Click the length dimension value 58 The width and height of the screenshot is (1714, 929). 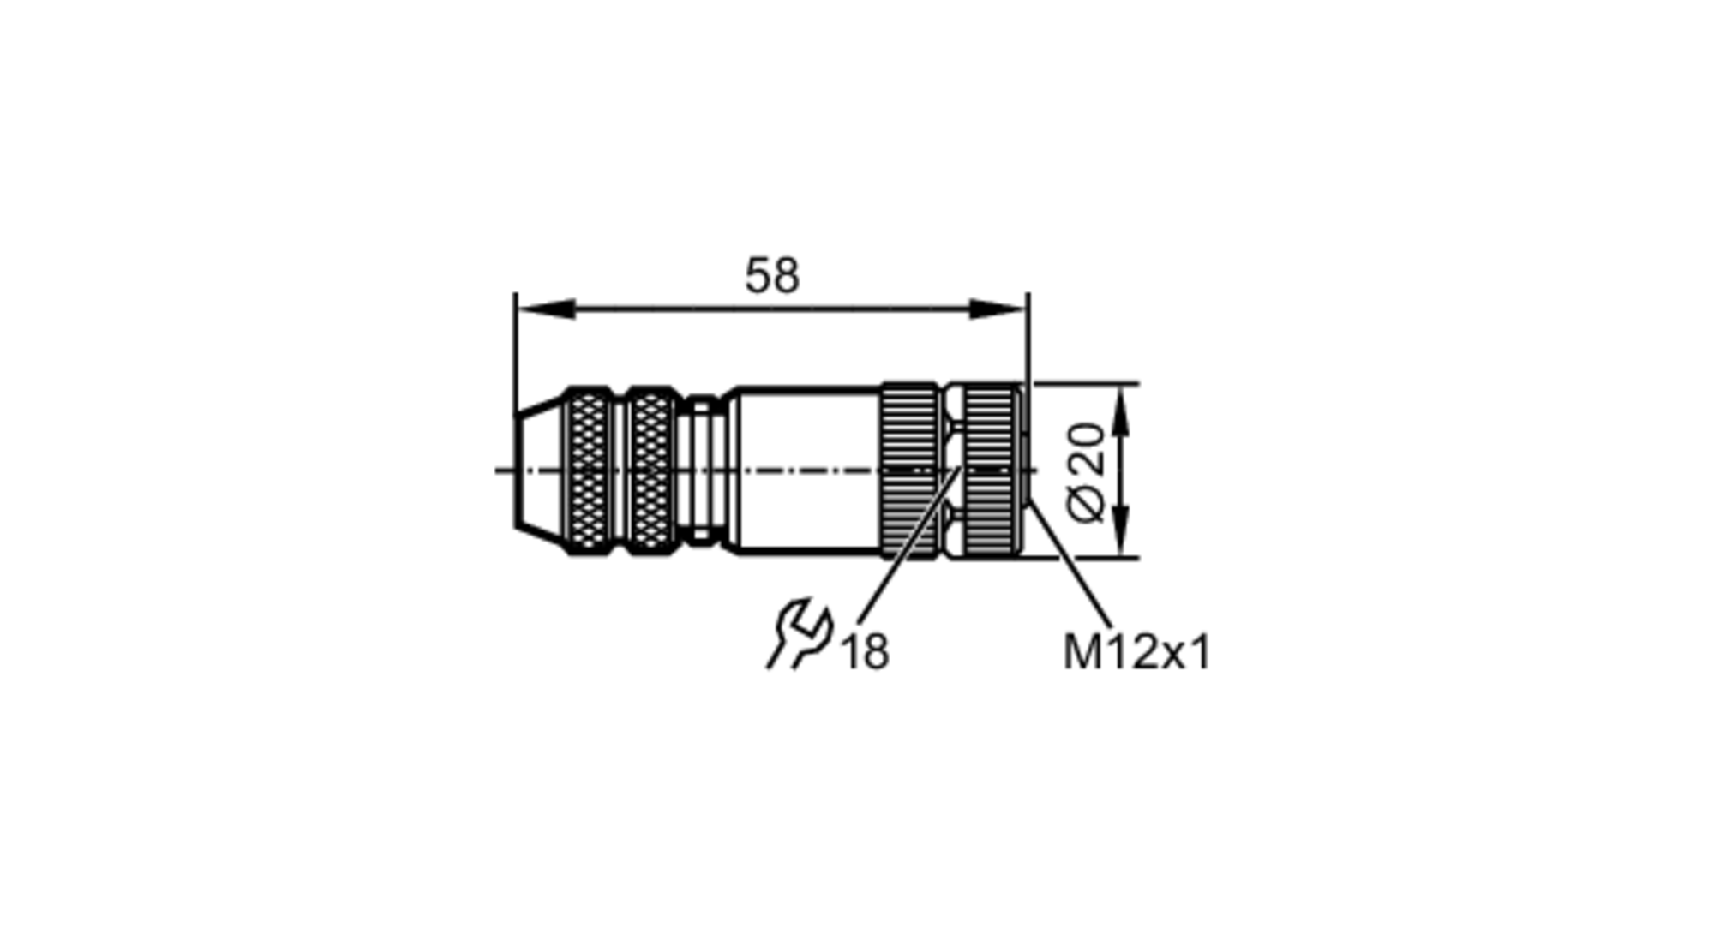[771, 276]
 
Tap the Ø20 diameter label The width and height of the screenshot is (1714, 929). [1088, 470]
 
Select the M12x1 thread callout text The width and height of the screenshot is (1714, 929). [1136, 652]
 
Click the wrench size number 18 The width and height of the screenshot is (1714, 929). [866, 652]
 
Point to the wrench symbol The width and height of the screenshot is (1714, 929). [800, 634]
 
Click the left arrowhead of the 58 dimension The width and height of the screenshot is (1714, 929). [545, 309]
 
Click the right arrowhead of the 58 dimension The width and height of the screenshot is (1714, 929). [998, 309]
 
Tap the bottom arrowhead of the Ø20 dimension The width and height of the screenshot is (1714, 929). [1121, 531]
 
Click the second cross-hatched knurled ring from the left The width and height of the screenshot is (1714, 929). [652, 470]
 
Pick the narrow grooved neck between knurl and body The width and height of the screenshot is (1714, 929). [703, 470]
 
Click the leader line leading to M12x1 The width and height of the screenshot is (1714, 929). [1071, 566]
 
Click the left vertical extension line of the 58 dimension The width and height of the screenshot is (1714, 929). [516, 360]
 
